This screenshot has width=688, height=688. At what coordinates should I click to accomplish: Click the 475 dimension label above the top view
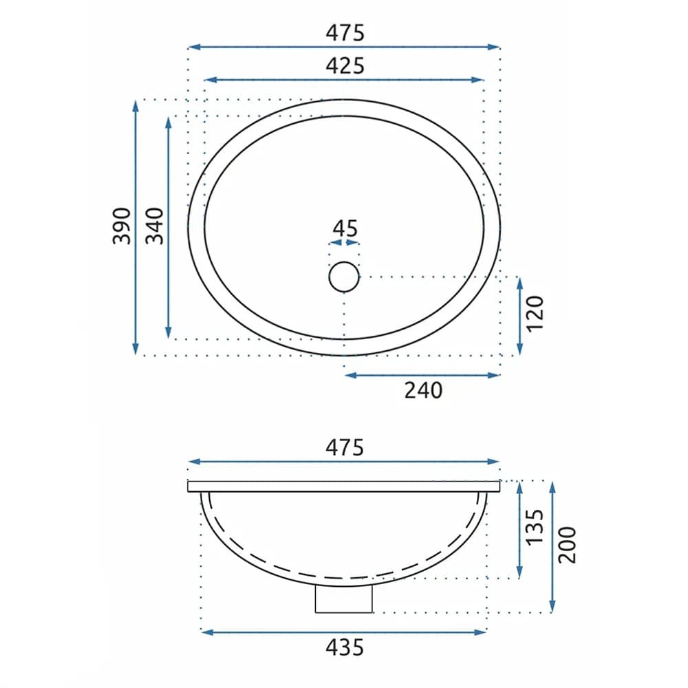click(345, 32)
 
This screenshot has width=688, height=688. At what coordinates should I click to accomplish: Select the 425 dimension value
click(345, 65)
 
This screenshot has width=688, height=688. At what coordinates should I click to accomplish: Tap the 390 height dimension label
click(122, 225)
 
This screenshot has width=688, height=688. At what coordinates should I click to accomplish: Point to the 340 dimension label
click(155, 225)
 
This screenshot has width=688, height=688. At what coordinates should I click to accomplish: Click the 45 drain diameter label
click(345, 228)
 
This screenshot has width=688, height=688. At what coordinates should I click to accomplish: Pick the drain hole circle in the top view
click(344, 277)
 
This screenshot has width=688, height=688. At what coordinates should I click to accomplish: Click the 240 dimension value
click(422, 391)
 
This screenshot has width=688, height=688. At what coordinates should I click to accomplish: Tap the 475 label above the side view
click(345, 447)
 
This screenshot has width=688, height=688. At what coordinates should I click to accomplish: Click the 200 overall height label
click(567, 544)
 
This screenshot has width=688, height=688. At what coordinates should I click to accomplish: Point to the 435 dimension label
click(345, 647)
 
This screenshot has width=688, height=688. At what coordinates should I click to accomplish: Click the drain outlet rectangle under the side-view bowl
click(343, 599)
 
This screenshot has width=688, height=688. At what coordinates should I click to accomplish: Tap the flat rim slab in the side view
click(344, 486)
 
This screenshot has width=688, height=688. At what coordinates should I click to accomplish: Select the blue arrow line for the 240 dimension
click(422, 375)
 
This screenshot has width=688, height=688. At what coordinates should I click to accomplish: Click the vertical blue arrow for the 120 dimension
click(519, 316)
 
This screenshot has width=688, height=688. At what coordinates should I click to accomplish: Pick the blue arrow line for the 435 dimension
click(343, 631)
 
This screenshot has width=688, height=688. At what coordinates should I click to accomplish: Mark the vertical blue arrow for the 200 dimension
click(552, 546)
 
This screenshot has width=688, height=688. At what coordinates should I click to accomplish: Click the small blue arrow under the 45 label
click(344, 242)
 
